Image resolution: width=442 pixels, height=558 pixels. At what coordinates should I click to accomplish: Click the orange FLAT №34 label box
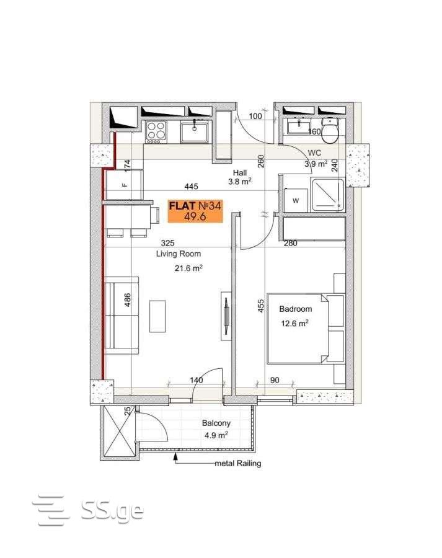195,211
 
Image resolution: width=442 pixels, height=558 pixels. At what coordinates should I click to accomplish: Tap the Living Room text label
179,254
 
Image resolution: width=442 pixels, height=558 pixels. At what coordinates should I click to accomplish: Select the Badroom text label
295,309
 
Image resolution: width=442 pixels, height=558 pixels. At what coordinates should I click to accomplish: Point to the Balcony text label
216,423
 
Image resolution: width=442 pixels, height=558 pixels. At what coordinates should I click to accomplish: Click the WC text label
314,153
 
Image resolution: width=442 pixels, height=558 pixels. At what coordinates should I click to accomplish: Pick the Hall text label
240,172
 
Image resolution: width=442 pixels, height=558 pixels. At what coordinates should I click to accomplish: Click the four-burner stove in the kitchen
156,131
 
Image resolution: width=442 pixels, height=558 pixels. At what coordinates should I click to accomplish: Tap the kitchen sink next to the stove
195,131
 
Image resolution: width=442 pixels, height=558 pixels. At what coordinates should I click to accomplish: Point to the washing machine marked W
295,200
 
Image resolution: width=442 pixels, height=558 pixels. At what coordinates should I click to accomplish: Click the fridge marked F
125,184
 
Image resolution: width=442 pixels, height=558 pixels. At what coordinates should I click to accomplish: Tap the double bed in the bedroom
306,328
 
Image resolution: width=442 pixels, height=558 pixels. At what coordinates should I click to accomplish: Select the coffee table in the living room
157,316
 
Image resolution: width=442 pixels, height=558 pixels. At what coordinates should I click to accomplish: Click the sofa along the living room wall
122,316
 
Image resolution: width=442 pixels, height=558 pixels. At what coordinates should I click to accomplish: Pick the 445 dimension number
191,186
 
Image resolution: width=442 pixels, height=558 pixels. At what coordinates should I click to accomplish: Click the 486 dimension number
127,299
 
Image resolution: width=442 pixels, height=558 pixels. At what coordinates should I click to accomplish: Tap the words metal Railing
237,463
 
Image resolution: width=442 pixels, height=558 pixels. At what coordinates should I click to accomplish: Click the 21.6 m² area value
188,268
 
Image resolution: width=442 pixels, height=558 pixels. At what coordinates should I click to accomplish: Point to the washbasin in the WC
299,126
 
